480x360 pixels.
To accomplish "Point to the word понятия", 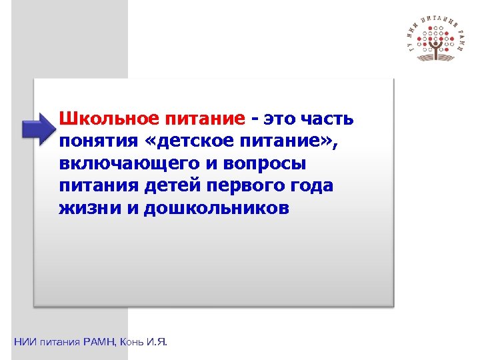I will pos(97,141).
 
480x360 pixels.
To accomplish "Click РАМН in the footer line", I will pos(99,342).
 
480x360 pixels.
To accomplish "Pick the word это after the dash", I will pos(277,119).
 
